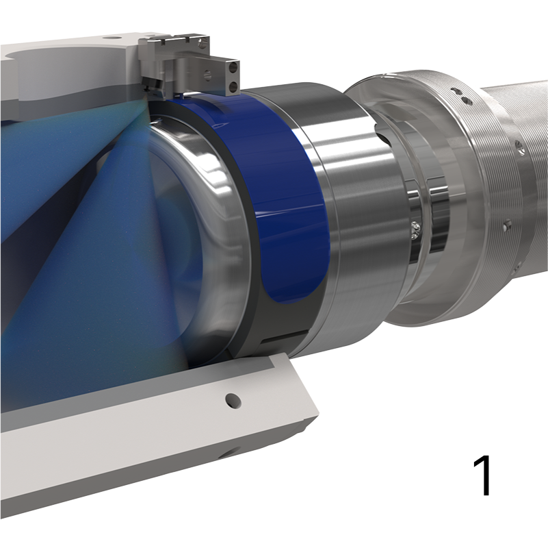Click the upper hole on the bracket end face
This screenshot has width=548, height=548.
[235, 67]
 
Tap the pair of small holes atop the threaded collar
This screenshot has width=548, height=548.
[465, 100]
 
